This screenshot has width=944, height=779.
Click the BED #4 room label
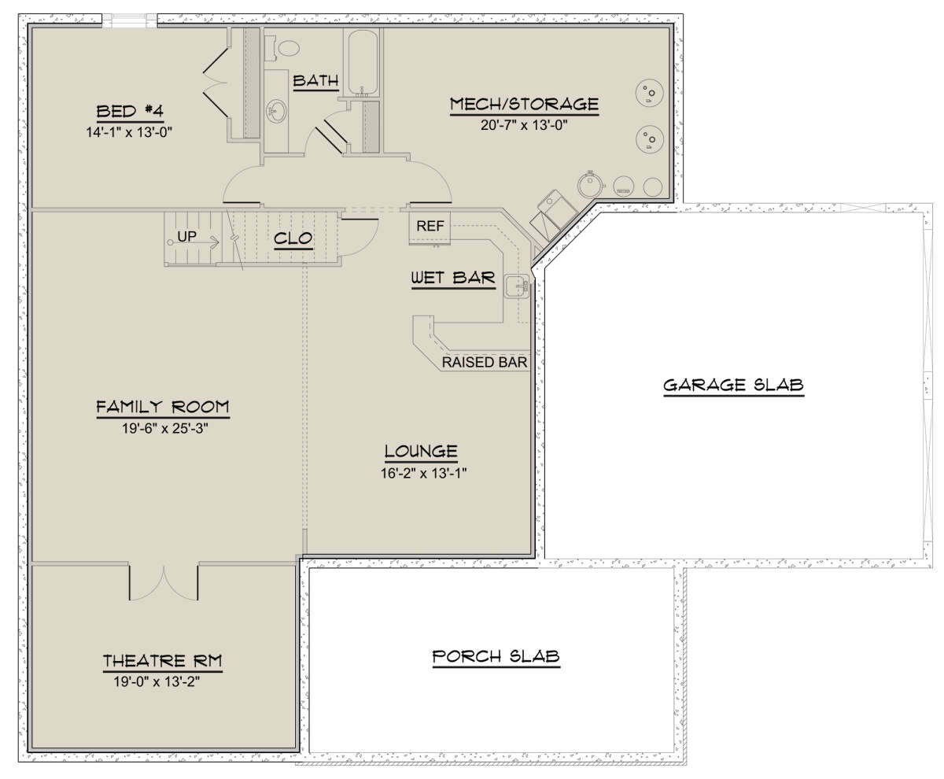[130, 111]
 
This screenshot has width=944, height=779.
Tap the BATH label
[315, 81]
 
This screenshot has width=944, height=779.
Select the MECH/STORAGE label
[524, 104]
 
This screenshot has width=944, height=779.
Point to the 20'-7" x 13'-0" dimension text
[524, 125]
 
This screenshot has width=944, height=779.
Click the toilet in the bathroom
[285, 47]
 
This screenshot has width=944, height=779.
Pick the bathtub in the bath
[363, 63]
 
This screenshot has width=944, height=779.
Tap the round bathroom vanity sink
[276, 111]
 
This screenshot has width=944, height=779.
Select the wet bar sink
[517, 286]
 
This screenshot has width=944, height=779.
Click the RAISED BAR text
[485, 363]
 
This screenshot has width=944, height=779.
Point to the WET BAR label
[453, 278]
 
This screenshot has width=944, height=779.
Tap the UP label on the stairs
[186, 237]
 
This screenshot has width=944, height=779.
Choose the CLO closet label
[293, 238]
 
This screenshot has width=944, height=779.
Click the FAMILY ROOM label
[163, 407]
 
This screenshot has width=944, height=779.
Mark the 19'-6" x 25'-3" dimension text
[164, 428]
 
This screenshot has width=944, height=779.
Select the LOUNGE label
[421, 452]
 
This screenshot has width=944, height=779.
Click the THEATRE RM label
[162, 662]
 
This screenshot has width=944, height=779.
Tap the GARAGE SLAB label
[733, 386]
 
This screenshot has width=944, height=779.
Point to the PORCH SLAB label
[496, 656]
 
